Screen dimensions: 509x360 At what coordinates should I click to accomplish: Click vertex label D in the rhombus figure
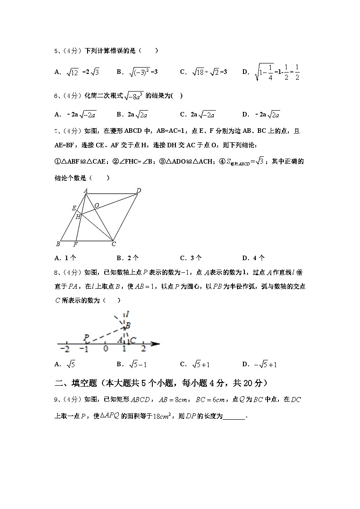[139, 190]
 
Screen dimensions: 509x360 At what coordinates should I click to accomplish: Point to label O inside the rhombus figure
[97, 205]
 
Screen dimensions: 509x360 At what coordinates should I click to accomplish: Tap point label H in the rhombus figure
[78, 217]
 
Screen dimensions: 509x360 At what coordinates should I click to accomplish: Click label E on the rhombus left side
[74, 208]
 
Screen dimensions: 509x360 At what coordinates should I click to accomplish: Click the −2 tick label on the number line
[66, 349]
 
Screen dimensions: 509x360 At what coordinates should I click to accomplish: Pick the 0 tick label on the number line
[105, 349]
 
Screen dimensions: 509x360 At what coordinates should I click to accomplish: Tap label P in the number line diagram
[86, 337]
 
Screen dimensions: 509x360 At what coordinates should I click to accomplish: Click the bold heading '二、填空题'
[75, 383]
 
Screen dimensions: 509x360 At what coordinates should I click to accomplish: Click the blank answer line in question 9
[234, 417]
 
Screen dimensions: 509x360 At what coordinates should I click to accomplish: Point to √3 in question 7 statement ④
[259, 161]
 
